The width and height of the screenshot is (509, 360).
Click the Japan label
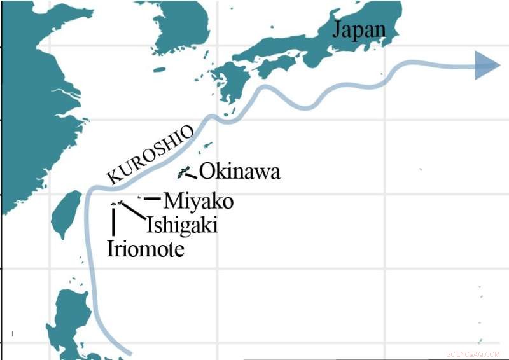pos(360,29)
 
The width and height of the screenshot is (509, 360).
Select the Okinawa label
pos(240,172)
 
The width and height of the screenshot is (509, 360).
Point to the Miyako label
pos(198,201)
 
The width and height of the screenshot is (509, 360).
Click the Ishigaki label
pos(181,225)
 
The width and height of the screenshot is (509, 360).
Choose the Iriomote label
pos(146,248)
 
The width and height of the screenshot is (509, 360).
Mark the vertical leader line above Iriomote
pos(113,221)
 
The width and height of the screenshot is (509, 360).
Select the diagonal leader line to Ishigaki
pos(132,212)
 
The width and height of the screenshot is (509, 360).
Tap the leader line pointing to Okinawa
pos(192,174)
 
